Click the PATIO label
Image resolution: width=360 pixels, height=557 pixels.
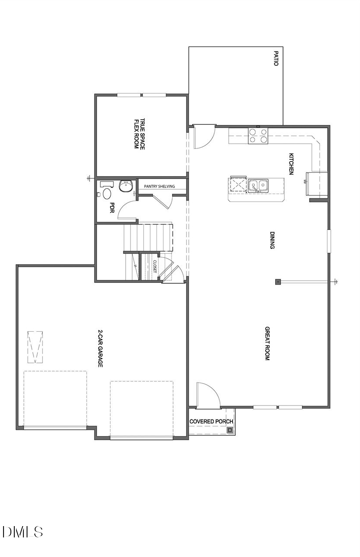tap(276, 58)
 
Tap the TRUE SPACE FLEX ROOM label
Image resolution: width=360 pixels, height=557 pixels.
tap(139, 134)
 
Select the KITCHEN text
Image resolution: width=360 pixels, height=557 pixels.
tap(292, 164)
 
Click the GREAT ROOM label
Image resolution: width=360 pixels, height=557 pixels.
tap(267, 343)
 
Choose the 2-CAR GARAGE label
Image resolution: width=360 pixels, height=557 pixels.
tap(100, 349)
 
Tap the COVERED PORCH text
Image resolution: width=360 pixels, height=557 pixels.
tap(211, 421)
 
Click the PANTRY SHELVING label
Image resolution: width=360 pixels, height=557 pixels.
tap(160, 186)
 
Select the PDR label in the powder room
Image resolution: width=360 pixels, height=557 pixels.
tap(112, 207)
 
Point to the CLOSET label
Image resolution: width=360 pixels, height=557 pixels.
tap(154, 267)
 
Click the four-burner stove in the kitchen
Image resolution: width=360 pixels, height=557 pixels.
tap(258, 136)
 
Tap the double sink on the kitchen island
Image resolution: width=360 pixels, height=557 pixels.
tap(258, 186)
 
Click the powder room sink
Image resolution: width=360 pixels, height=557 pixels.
tap(126, 186)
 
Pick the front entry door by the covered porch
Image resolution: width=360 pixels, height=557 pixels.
tap(208, 396)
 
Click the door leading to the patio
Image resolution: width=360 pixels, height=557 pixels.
tap(203, 136)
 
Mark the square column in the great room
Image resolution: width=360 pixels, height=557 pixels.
tap(278, 282)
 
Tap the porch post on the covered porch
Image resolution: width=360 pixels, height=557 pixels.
tap(230, 430)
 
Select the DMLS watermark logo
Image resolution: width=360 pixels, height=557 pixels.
tap(23, 532)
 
